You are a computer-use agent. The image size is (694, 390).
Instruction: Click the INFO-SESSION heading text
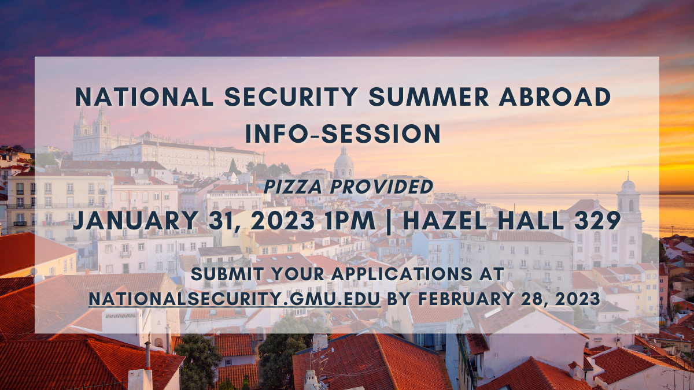pyautogui.click(x=343, y=133)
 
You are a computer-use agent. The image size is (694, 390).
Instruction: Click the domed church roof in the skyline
pyautogui.click(x=344, y=164)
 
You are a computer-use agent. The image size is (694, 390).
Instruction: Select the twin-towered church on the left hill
pyautogui.click(x=92, y=134)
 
